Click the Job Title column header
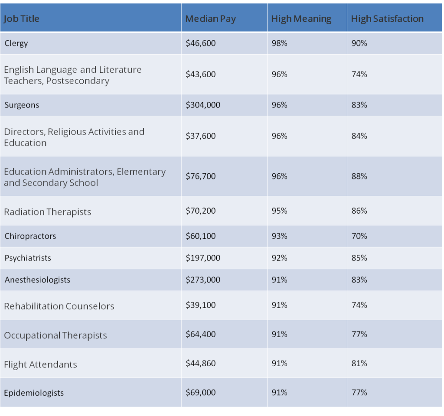pos(22,19)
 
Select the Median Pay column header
pos(210,19)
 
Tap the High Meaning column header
pos(301,19)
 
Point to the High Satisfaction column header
pos(387,19)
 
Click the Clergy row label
pos(16,43)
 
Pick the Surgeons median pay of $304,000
pos(203,105)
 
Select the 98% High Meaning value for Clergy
pos(279,43)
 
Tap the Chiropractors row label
pos(30,236)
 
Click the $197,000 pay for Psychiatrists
pos(203,258)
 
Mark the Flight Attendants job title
pos(40,364)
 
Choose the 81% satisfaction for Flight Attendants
pos(359,364)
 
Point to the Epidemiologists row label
pos(34,393)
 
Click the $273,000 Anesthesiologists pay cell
pos(203,280)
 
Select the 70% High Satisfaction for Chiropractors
pos(359,236)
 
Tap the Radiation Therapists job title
pos(48,212)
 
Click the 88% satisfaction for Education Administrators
pos(359,176)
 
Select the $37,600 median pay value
pos(200,136)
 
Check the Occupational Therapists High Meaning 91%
pos(279,335)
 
